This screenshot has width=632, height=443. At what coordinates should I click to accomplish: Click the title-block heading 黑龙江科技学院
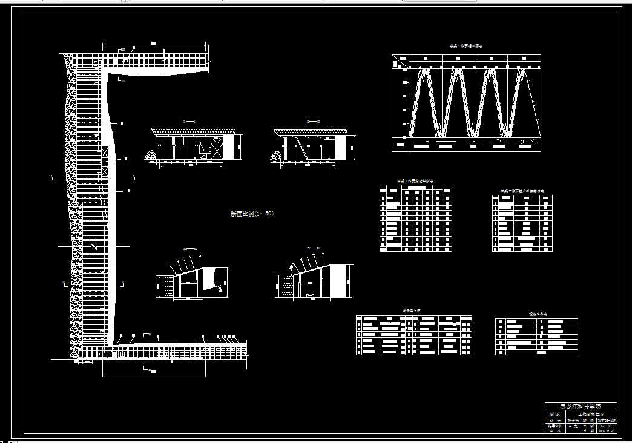[581, 407]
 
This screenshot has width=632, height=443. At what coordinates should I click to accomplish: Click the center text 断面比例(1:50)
[253, 214]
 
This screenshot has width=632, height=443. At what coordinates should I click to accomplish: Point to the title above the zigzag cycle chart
[466, 46]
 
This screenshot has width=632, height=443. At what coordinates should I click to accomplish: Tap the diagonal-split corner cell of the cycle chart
[399, 61]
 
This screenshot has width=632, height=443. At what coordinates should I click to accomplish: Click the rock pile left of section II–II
[277, 156]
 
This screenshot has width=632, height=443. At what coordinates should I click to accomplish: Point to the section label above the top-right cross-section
[313, 122]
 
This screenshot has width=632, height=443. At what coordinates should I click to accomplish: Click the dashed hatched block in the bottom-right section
[285, 286]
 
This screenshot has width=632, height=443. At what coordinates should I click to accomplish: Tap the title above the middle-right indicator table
[522, 191]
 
